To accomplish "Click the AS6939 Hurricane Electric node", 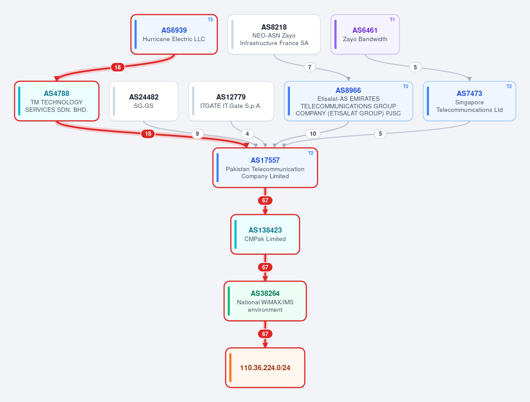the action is point(174,34).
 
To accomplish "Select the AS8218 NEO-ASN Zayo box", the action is point(274,34).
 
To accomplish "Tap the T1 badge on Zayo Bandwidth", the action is point(392,19).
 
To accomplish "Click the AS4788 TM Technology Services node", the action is point(57,101).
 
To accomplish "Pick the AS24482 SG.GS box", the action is point(144,101).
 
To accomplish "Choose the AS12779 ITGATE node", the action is point(231,101).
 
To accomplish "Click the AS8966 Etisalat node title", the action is point(348,90).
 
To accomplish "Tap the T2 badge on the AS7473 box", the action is point(509,86).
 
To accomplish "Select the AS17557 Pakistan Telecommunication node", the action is point(265,168).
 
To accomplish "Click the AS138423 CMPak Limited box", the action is point(265,234).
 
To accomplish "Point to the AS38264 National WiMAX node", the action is point(265,301).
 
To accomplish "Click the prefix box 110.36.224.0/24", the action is point(265,368).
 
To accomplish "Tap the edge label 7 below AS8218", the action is point(309,67).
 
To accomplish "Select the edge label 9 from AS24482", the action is point(198,134).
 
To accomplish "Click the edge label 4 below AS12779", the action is point(248,134).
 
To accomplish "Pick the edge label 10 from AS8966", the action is point(313,134).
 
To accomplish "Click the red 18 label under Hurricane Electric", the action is point(118,67).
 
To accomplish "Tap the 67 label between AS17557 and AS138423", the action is point(265,200).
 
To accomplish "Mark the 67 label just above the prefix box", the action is point(265,334).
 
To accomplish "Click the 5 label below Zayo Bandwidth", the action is point(416,67).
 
